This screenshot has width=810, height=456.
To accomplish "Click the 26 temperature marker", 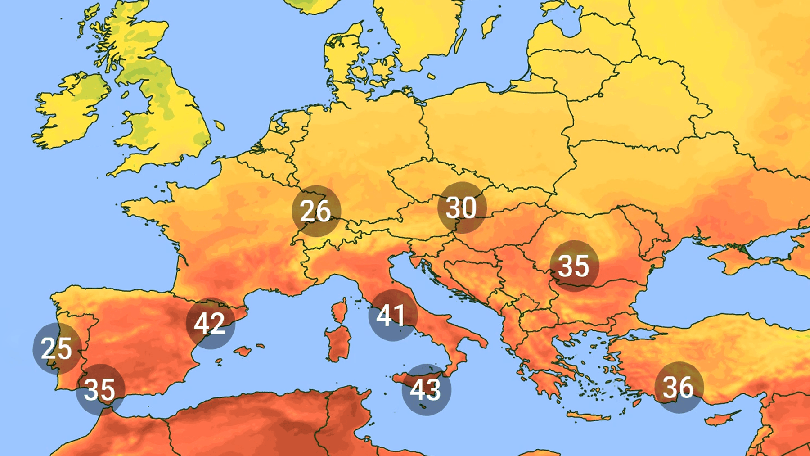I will (x=316, y=211).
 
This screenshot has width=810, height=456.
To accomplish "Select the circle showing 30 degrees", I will (x=462, y=208).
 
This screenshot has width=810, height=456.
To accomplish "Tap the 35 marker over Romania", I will (x=574, y=266).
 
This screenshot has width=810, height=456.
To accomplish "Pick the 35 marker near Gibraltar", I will (x=100, y=389).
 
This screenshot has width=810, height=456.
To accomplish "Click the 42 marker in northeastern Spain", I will (x=210, y=323).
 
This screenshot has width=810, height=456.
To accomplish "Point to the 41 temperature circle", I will (x=392, y=315).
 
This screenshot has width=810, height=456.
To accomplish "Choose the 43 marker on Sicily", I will (x=426, y=389).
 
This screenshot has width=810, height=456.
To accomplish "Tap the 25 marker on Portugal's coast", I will (x=57, y=348).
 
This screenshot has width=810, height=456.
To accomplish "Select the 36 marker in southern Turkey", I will (x=679, y=387).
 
